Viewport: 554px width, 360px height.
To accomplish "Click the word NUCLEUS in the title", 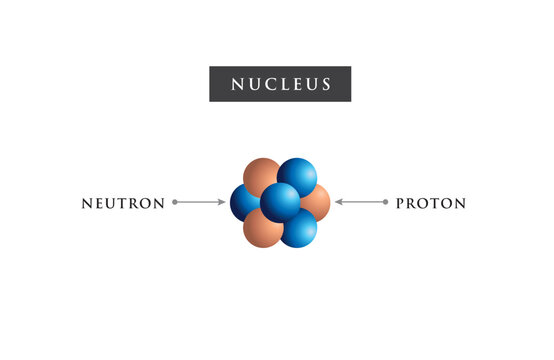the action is click(280, 84).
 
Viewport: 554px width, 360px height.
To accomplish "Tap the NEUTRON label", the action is click(123, 203).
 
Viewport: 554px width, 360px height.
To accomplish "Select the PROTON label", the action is click(431, 203).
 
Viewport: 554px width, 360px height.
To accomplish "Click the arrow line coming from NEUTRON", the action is click(200, 202).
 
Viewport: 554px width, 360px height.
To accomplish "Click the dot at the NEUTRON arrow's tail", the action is click(175, 202).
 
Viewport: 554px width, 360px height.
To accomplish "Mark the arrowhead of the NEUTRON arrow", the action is click(223, 202).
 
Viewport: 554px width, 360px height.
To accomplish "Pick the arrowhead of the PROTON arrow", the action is click(338, 202).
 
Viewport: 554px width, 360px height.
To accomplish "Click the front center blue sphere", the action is click(280, 203).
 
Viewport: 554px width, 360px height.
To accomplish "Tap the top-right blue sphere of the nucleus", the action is click(297, 176).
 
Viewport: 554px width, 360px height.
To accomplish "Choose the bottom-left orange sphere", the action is click(262, 229).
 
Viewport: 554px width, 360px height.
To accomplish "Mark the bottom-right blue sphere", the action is click(298, 229).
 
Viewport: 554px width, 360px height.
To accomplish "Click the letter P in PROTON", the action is click(401, 203).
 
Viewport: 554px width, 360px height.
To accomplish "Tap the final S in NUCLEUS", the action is click(326, 84).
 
